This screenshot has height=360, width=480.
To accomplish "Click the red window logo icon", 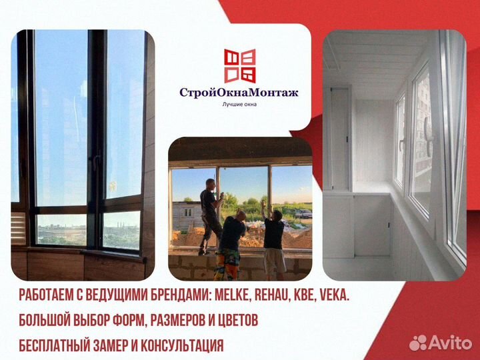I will coord(239,65).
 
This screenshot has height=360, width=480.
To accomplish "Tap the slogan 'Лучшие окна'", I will coord(239,105).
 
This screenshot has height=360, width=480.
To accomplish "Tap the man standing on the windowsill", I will coord(209,210).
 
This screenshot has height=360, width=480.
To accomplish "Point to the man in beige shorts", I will coord(273,240).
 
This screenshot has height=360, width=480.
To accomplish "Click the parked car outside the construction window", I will coord(303,214).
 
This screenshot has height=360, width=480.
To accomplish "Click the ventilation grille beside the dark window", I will coord(18,229).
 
